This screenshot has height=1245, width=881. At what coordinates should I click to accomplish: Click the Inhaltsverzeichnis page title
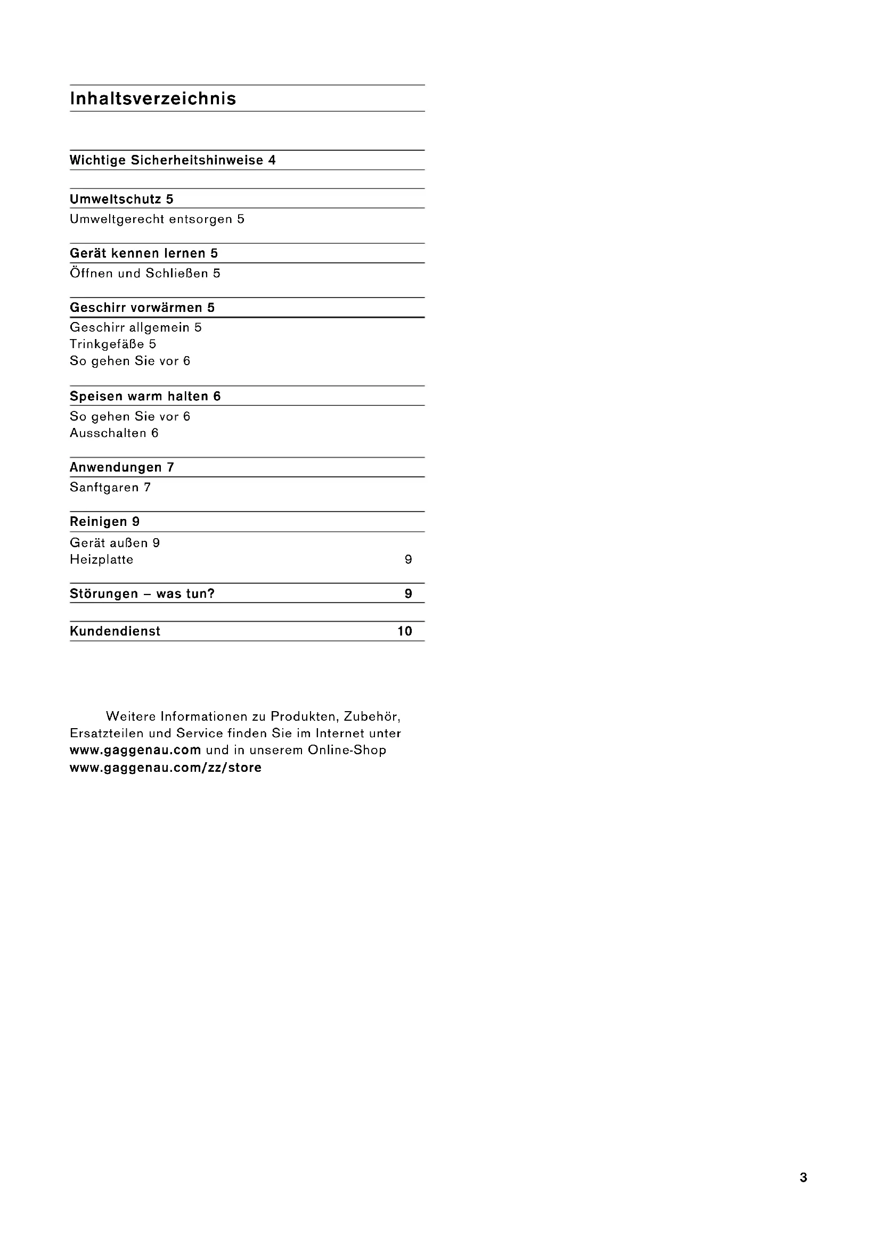coord(153,98)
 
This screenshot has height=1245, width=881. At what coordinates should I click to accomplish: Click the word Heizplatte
coord(101,559)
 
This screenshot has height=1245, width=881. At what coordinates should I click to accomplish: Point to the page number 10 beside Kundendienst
coord(405,631)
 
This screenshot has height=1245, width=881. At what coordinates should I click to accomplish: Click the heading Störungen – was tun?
coord(142,594)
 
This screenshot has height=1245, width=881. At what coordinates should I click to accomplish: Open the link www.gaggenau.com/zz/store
coord(166,768)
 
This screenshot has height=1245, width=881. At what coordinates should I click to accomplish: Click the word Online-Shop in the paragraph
coord(347,751)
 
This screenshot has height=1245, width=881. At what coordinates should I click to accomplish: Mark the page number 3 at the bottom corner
coord(803,1177)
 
